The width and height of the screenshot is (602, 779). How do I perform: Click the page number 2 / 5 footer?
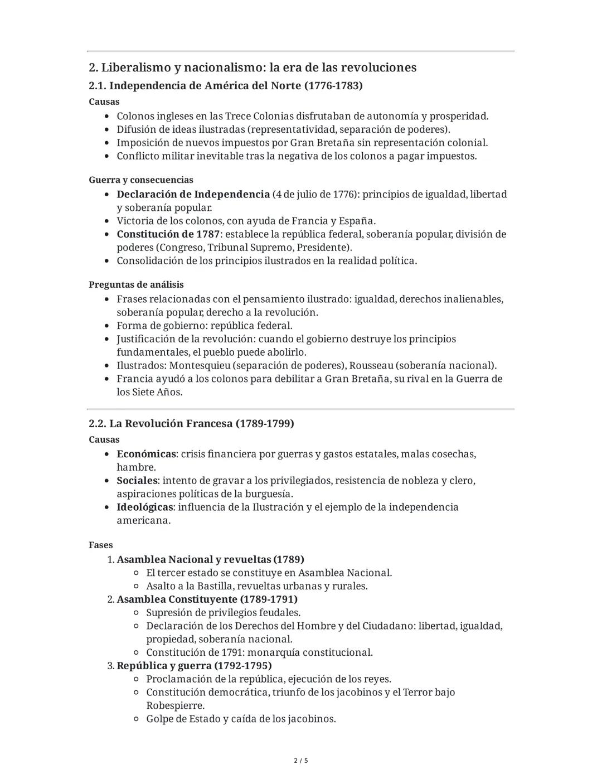pos(301,761)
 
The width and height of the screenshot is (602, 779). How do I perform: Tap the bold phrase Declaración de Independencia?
pos(193,194)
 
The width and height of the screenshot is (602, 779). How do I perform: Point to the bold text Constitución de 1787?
pos(168,234)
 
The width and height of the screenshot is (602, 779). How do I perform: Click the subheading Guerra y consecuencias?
pos(141,180)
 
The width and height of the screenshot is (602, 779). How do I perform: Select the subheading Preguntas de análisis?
pos(136,284)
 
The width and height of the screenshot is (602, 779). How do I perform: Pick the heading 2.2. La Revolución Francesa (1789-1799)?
pos(191,423)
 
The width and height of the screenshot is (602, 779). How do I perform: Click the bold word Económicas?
pos(146,454)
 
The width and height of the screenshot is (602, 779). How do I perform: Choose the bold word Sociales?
pos(137,481)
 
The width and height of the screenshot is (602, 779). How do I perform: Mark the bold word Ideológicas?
pos(145,507)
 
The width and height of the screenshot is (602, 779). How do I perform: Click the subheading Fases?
pos(100,545)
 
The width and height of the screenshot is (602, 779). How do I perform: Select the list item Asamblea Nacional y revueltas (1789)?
pos(210,559)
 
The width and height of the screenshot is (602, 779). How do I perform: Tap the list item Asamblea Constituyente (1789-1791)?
pos(207,599)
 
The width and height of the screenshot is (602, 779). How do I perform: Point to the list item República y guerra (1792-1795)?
pos(194,666)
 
